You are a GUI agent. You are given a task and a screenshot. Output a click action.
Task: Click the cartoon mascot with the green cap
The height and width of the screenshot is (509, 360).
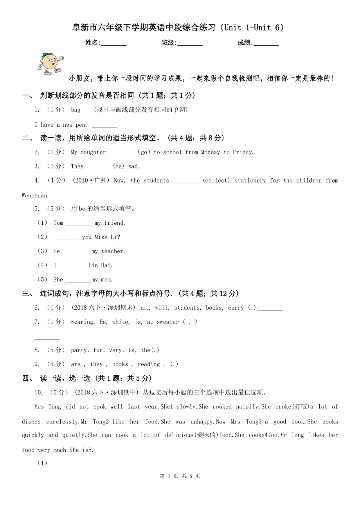click(x=50, y=63)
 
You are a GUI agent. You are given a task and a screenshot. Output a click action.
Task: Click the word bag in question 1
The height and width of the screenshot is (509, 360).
click(x=76, y=110)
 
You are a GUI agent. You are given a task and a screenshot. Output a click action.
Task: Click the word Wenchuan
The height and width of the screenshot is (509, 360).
click(x=35, y=195)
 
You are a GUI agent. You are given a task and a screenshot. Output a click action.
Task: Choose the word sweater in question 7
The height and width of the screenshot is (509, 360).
click(x=167, y=322)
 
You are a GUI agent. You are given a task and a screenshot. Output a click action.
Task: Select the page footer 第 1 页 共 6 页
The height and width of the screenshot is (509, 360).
click(x=180, y=476)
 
